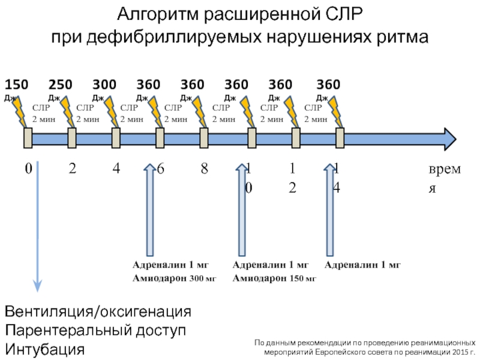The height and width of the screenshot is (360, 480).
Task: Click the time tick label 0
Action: pyautogui.click(x=28, y=169)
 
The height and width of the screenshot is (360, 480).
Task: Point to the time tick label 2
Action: pyautogui.click(x=72, y=169)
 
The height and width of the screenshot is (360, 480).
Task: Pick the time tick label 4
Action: pyautogui.click(x=116, y=169)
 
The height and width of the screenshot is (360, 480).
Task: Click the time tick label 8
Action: pyautogui.click(x=204, y=169)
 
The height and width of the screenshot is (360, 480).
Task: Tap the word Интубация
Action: pyautogui.click(x=45, y=349)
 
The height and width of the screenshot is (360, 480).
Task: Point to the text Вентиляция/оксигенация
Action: pyautogui.click(x=98, y=313)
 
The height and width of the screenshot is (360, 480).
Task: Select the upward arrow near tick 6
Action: pyautogui.click(x=149, y=210)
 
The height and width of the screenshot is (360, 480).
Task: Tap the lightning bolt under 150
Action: pyautogui.click(x=20, y=112)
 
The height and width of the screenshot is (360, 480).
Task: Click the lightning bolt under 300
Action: pyautogui.click(x=111, y=112)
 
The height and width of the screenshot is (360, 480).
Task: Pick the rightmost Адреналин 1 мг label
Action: pyautogui.click(x=362, y=265)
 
